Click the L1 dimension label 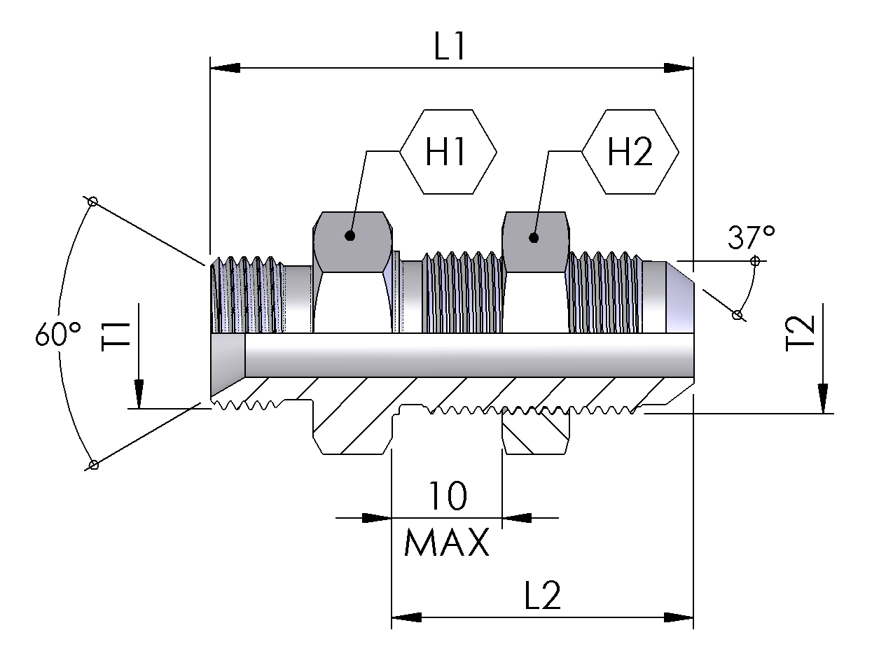coord(450,48)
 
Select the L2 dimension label coord(543,596)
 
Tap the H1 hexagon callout coord(448,152)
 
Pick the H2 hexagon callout coord(630,152)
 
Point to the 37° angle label coord(750,238)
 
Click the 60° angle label coord(58,335)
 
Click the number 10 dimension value coord(447,496)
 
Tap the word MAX coord(447,542)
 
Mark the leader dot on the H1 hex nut coord(349,236)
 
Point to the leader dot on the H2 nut coord(534,237)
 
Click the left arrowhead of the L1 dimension coord(224,68)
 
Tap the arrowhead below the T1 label coord(139,393)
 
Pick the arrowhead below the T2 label coord(823,399)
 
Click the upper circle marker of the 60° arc coord(92,202)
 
